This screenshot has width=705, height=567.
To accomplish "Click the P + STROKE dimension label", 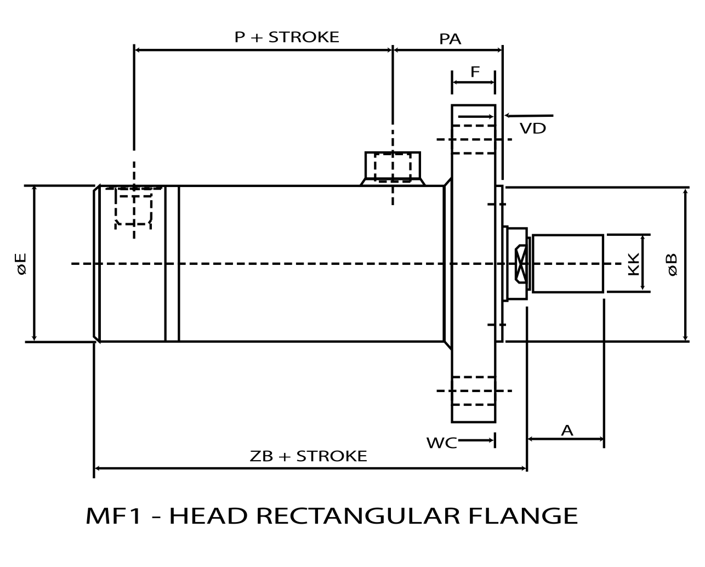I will [287, 37].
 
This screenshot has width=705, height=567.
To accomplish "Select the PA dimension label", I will [450, 39].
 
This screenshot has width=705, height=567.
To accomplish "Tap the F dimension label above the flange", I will [475, 72].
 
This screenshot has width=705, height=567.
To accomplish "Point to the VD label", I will [532, 129].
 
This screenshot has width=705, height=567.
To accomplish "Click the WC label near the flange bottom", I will [441, 443].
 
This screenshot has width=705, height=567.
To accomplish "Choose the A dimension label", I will [567, 430].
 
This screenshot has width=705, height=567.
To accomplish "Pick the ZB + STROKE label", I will [308, 456].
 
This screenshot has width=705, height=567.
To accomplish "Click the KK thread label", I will [633, 264].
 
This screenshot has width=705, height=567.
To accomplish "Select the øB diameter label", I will [672, 264].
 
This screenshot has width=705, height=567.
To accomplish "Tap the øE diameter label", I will [21, 264].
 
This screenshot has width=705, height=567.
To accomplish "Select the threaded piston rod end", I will [567, 264].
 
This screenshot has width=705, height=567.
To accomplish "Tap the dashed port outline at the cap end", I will [133, 207].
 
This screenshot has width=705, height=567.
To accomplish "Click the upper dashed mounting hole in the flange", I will [474, 139].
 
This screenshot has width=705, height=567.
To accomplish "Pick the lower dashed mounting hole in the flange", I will [474, 391].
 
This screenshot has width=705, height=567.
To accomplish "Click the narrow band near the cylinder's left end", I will [172, 264].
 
